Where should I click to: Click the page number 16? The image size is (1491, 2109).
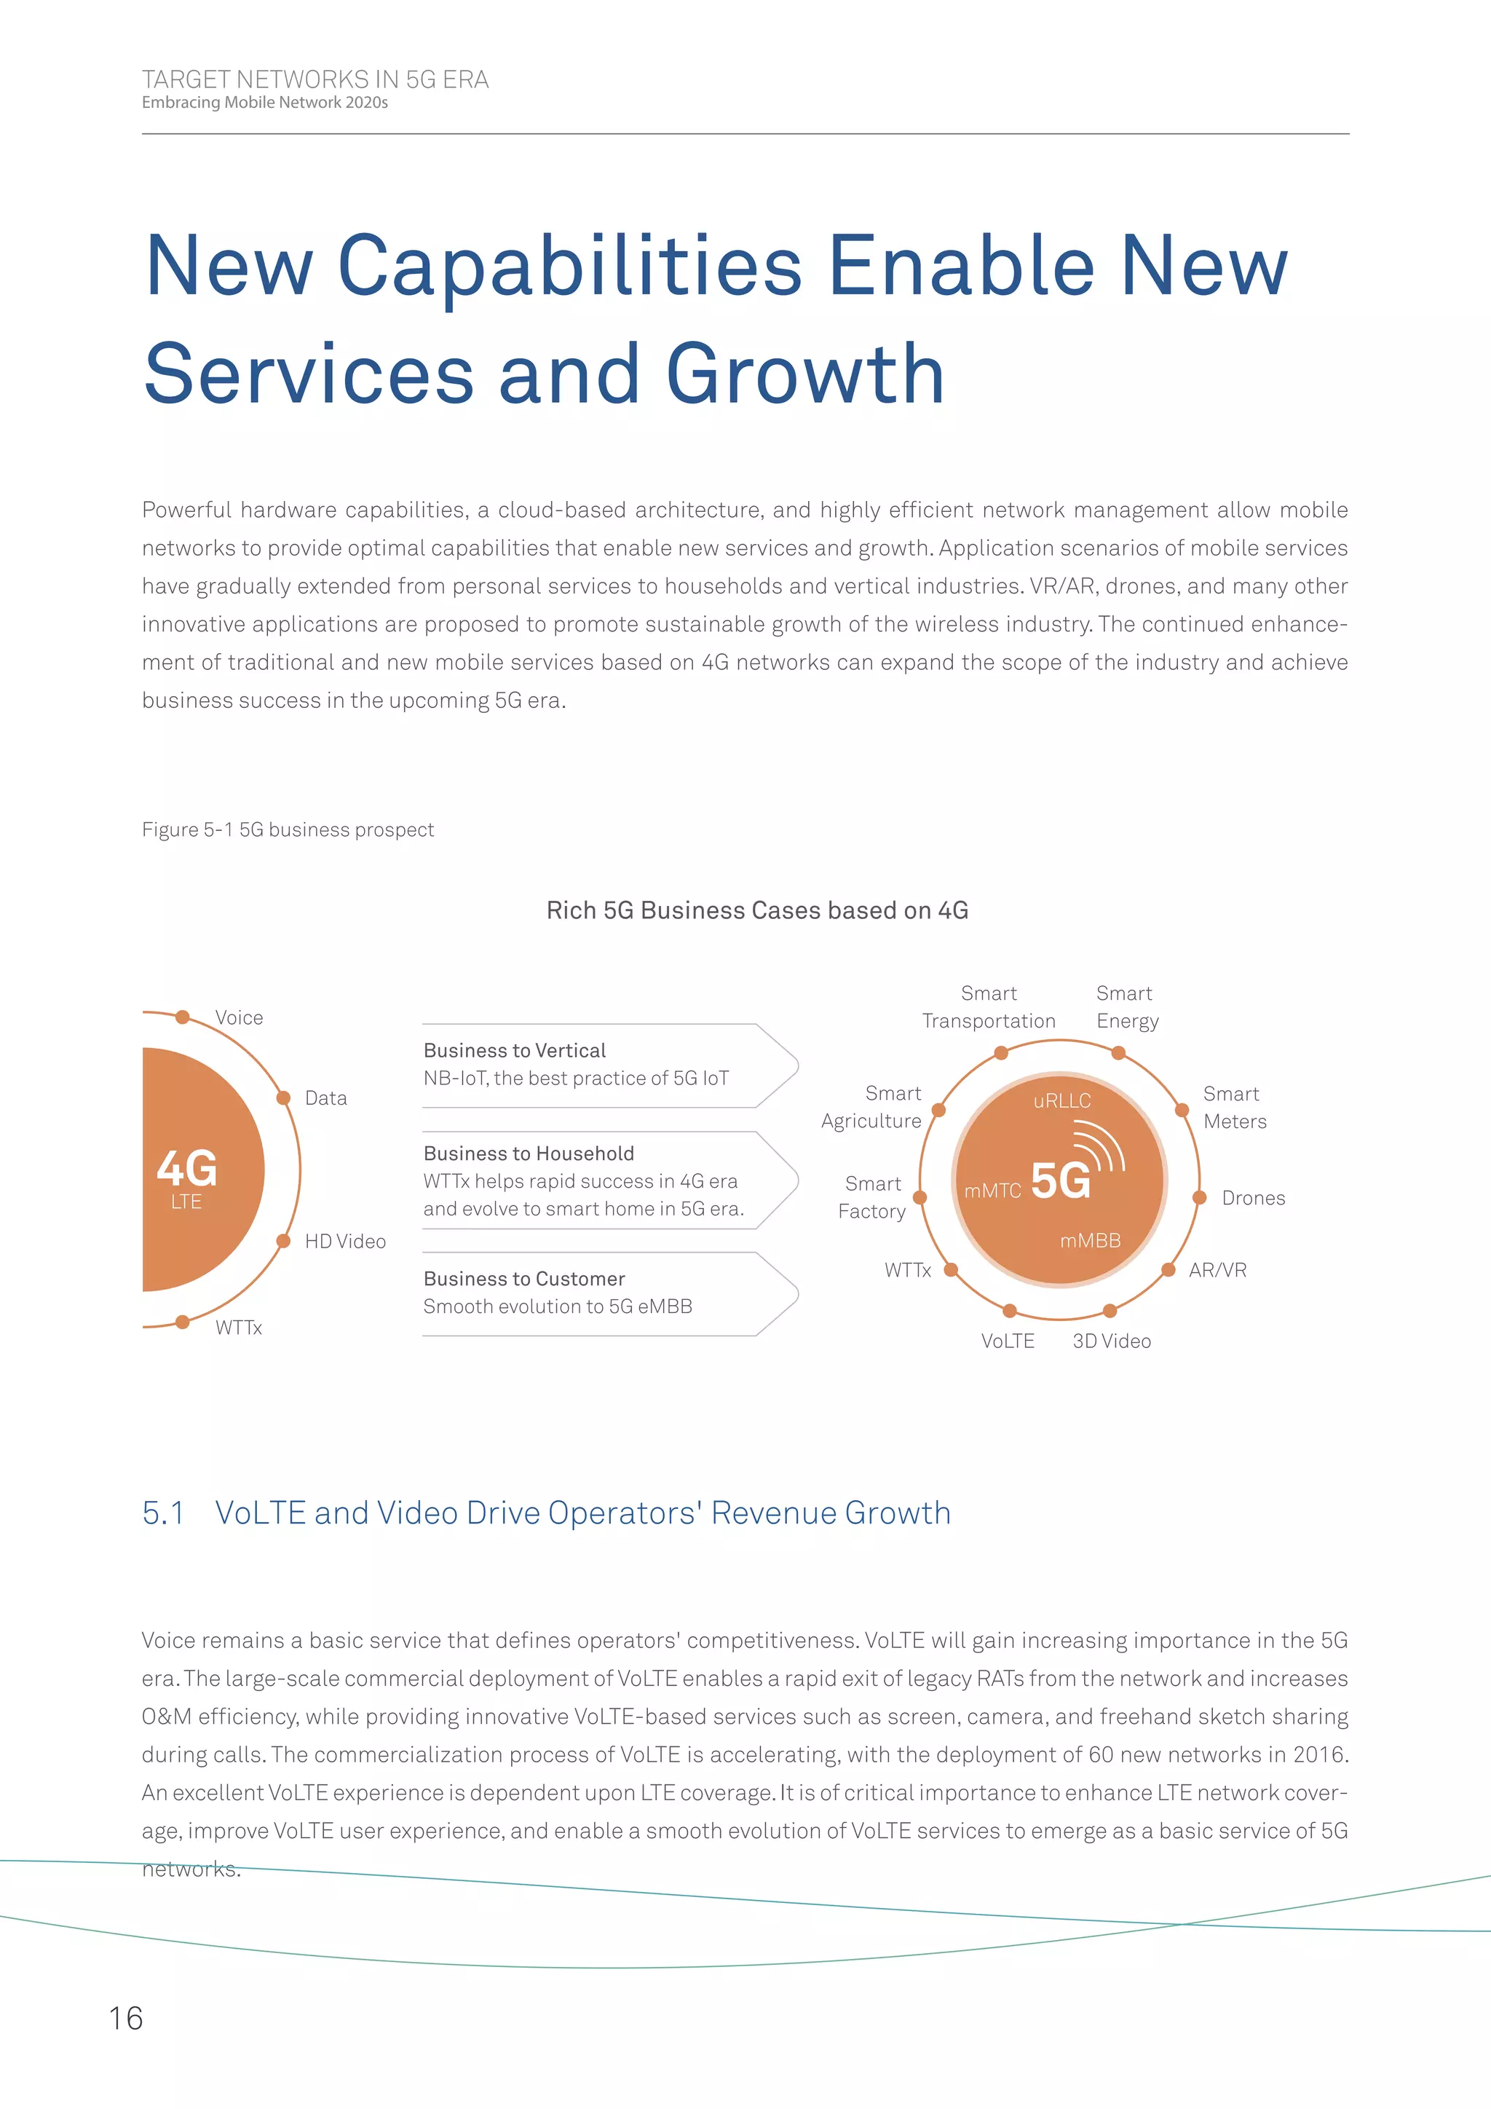pos(126,2018)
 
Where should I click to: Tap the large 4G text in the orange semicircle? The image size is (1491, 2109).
pos(187,1168)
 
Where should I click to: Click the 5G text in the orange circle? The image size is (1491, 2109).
pos(1061,1180)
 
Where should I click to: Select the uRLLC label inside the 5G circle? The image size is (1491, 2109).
pos(1062,1100)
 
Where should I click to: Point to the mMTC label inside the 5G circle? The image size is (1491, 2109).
pos(992,1191)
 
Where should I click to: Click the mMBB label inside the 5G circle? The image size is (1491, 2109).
pos(1091,1241)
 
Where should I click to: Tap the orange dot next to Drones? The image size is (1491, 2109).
pos(1199,1198)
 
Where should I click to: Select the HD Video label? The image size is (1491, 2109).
pos(345,1242)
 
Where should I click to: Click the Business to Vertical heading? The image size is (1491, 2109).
pos(515,1051)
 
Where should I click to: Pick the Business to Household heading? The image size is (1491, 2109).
pos(529,1154)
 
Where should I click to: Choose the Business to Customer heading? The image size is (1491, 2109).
pos(524,1279)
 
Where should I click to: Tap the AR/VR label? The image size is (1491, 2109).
pos(1217,1270)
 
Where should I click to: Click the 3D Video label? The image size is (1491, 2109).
pos(1112,1341)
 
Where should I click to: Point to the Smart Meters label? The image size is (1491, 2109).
pos(1235,1108)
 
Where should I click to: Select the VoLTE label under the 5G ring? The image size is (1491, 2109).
pos(1008,1341)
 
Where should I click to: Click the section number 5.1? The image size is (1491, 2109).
pos(163,1513)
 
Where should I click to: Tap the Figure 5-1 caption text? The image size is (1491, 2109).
pos(288,829)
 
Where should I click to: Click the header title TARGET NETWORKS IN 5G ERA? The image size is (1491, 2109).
pos(315,80)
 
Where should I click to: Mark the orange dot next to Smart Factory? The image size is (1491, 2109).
pos(920,1198)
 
